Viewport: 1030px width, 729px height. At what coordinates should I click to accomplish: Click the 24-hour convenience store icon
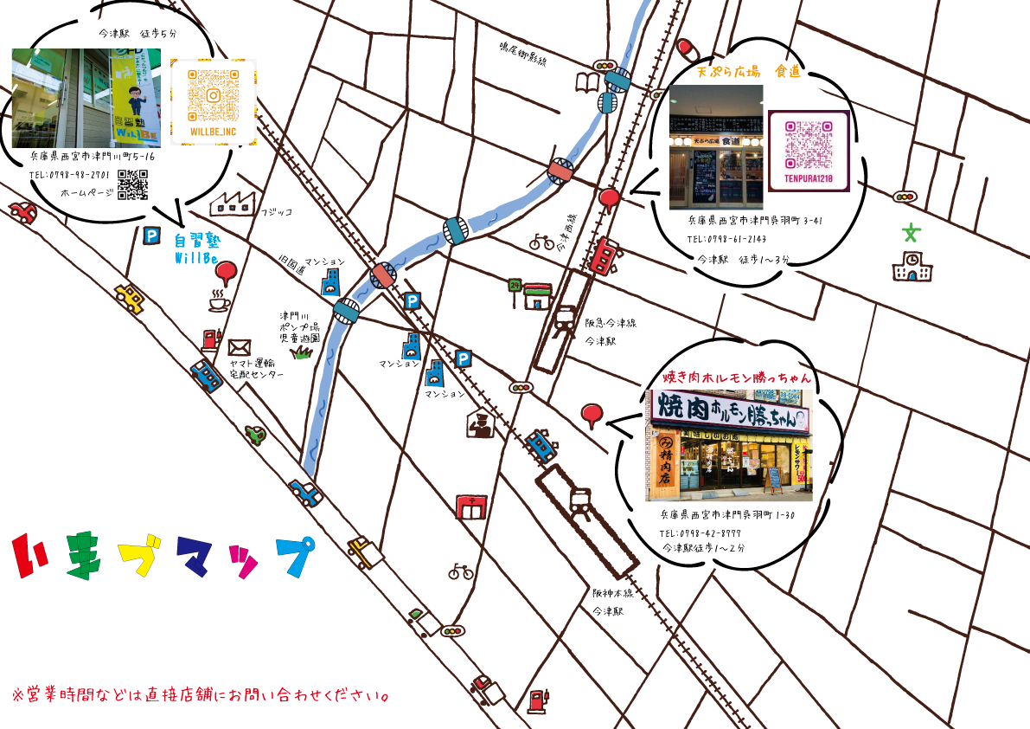529,294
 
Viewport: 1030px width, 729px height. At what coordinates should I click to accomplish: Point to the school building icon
912,267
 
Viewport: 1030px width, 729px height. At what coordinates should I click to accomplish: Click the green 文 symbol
910,232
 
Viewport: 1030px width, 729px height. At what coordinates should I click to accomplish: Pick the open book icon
587,83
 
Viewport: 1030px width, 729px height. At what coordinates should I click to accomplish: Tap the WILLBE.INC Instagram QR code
213,97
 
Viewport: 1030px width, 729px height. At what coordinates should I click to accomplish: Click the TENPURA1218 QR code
808,147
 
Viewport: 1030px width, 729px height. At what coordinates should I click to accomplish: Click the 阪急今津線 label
611,323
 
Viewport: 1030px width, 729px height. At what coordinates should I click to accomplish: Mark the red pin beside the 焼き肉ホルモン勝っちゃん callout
592,415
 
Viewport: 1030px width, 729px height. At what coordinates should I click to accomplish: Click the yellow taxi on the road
130,297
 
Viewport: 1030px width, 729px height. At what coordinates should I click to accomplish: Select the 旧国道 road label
292,264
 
